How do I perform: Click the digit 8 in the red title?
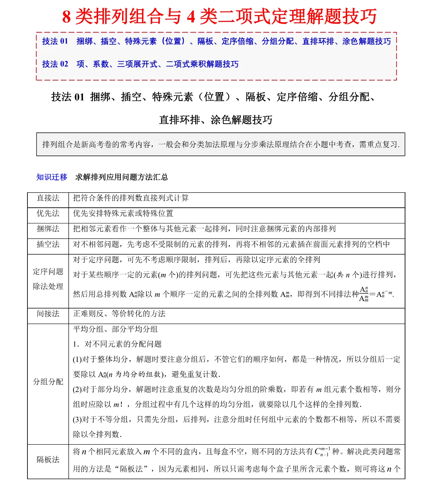[x=67, y=16]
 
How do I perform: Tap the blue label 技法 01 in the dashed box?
[x=55, y=41]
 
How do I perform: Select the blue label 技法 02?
[x=55, y=64]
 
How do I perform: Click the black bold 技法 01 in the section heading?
[x=68, y=97]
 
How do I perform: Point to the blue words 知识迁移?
[x=52, y=177]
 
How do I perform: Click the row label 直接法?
[x=48, y=198]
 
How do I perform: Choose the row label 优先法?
[x=48, y=214]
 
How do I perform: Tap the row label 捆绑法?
[x=48, y=229]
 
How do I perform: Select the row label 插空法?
[x=48, y=244]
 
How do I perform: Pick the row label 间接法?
[x=48, y=314]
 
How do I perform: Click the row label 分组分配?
[x=48, y=382]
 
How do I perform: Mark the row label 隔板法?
[x=48, y=460]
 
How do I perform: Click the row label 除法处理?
[x=48, y=286]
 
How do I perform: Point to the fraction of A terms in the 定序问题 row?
[x=364, y=294]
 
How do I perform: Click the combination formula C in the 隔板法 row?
[x=322, y=452]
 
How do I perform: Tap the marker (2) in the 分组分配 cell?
[x=77, y=389]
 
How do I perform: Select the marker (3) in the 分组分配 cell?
[x=77, y=420]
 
